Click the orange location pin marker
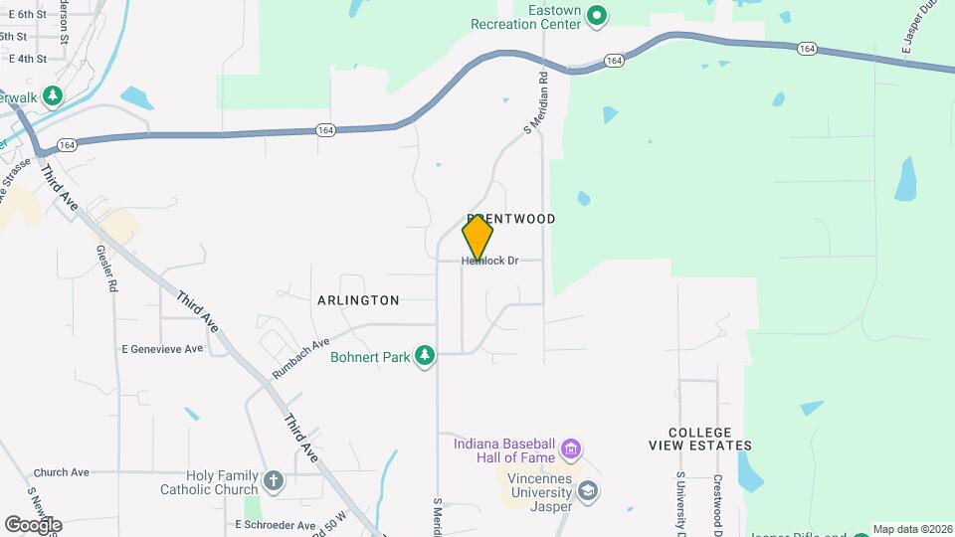click(477, 238)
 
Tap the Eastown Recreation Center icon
click(597, 15)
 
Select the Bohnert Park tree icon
click(425, 355)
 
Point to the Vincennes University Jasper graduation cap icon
click(588, 491)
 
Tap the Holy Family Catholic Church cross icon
click(274, 482)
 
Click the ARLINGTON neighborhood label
click(358, 300)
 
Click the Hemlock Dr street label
click(490, 262)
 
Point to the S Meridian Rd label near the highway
click(536, 104)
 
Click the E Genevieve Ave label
click(161, 349)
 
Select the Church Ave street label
click(61, 472)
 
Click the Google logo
click(33, 524)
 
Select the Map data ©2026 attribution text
click(912, 530)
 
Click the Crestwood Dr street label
click(716, 505)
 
